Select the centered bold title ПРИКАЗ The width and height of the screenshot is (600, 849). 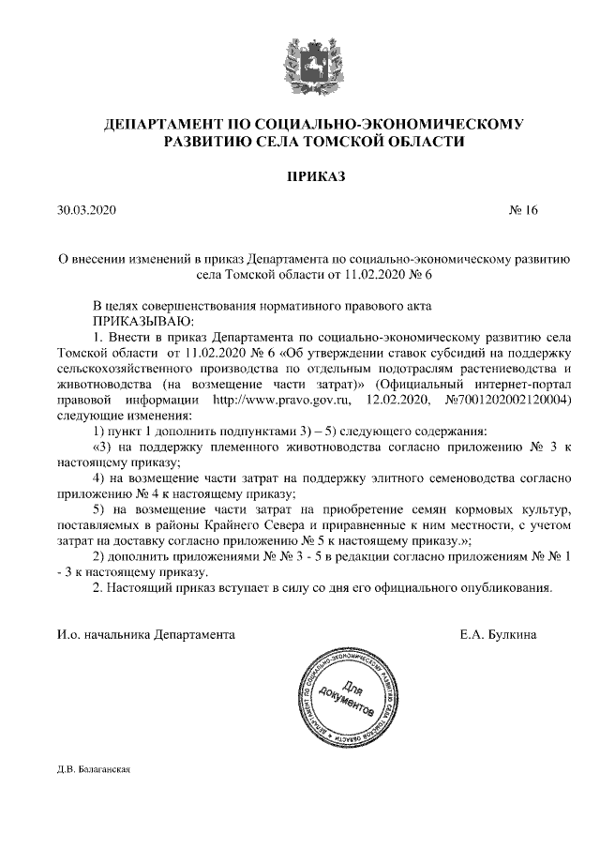coord(300,176)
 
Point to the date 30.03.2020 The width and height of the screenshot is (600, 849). coord(85,210)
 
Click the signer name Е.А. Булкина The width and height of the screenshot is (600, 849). coord(499,635)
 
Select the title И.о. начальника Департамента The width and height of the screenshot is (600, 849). coord(146,635)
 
